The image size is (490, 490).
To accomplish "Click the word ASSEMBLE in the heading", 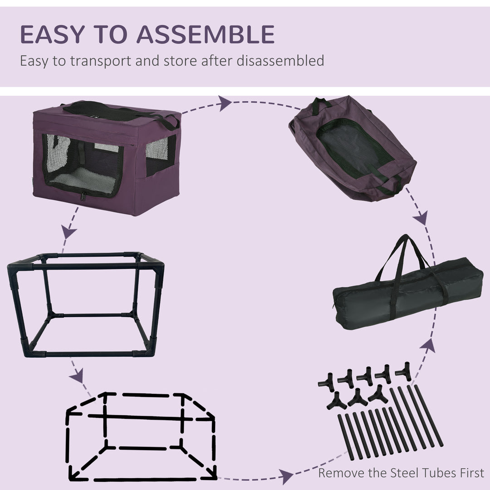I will (x=205, y=34).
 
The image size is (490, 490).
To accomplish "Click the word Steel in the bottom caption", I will (x=406, y=473).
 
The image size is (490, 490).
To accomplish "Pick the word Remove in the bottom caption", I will (x=341, y=473).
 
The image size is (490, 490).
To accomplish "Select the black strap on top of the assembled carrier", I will (x=118, y=111).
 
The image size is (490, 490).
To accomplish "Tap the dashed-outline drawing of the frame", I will (x=141, y=436).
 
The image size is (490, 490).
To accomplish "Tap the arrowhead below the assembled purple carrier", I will (x=69, y=232).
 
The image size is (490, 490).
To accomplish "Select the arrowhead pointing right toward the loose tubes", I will (x=285, y=477).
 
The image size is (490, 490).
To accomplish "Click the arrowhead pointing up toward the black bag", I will (x=428, y=346).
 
